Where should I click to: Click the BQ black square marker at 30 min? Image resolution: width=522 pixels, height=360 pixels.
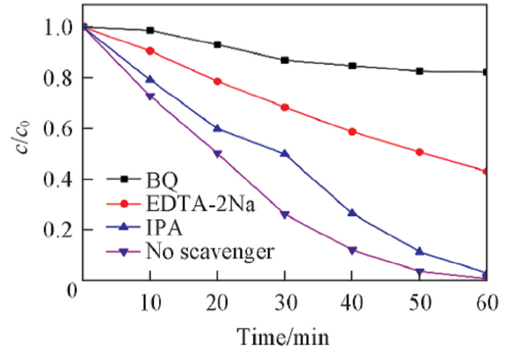284,60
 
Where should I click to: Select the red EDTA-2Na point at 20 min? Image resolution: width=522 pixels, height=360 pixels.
218,82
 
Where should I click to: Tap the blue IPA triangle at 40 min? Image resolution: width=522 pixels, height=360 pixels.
352,213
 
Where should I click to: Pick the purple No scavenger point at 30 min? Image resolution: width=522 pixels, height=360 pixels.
284,215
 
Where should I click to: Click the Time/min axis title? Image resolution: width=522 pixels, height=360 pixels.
284,337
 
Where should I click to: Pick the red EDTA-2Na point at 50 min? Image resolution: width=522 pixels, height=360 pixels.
419,152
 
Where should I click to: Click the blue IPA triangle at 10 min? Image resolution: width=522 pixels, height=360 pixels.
150,79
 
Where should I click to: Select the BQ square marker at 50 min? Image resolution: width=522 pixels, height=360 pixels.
419,71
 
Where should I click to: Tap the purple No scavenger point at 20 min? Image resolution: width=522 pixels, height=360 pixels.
218,154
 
